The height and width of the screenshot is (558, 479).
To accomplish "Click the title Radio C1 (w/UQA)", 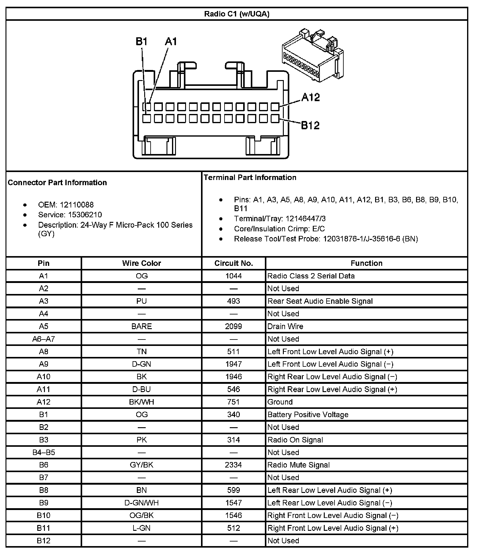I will [x=236, y=14].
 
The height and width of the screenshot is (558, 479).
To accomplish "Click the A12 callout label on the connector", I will [x=310, y=97].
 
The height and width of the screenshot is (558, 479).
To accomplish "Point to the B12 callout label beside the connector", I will [x=310, y=125].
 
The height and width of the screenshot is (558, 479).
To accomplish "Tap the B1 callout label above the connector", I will [x=142, y=42].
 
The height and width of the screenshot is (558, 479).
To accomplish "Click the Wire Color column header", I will [x=141, y=263].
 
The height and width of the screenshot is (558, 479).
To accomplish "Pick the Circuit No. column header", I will [x=234, y=263].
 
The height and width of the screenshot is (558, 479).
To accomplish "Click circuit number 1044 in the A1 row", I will [x=234, y=276].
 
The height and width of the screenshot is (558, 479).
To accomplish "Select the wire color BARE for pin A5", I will [x=141, y=326].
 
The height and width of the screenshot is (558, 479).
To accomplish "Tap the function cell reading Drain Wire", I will [x=285, y=326].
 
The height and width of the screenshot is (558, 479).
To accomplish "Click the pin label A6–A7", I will [x=44, y=339].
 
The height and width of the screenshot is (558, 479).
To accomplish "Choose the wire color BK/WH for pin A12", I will [x=141, y=402].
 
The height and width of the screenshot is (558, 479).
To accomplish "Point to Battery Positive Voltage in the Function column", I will [x=308, y=415].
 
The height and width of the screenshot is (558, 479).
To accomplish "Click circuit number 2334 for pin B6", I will [x=234, y=465].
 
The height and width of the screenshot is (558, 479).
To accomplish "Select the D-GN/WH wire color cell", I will [x=141, y=503].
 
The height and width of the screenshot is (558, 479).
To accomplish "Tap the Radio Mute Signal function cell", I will [x=298, y=465].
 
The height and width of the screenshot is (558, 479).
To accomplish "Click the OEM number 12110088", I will [x=77, y=205].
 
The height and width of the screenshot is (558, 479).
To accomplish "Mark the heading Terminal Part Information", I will [x=250, y=178].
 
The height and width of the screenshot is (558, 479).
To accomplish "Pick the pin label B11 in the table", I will [x=44, y=528].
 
